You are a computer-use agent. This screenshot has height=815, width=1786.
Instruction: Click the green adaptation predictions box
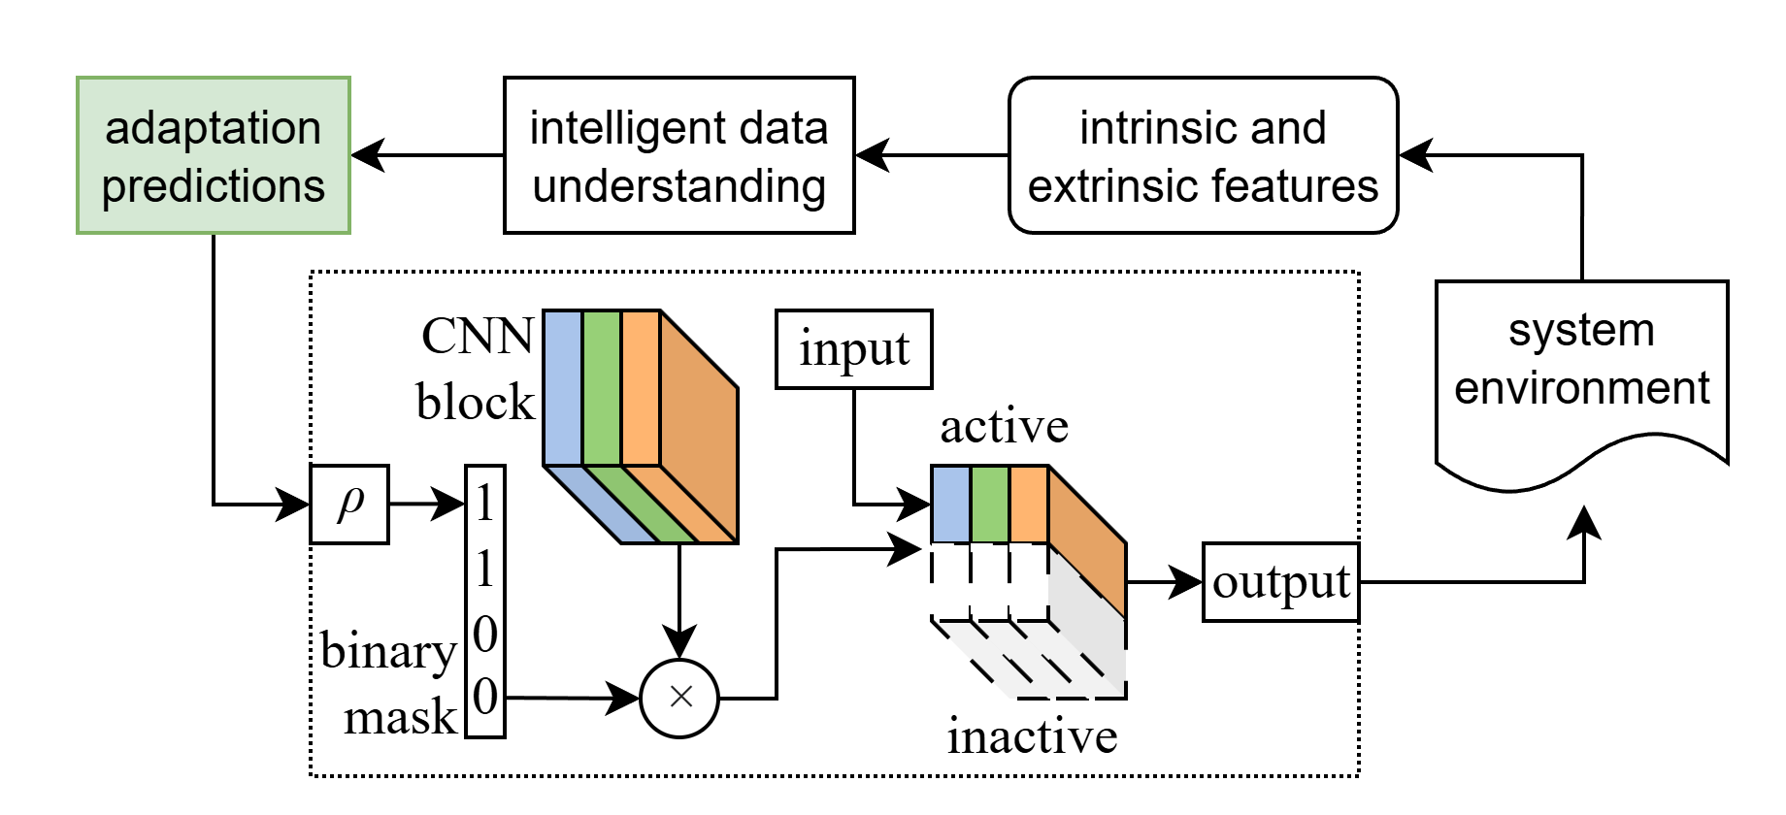coord(214,155)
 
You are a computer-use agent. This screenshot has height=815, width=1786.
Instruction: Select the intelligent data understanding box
coord(678,155)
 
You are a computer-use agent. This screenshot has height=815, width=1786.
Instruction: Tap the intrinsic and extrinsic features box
coord(1203,155)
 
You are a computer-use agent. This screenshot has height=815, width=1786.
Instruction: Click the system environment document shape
coord(1581,369)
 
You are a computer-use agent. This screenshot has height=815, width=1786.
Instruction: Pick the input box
coord(853,349)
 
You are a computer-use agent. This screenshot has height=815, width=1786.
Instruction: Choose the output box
coord(1280,582)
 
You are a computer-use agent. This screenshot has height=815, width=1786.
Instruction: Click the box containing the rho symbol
coord(349,505)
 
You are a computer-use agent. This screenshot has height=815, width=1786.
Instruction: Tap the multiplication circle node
coord(679,697)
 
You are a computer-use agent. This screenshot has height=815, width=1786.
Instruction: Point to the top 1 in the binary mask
coord(484,504)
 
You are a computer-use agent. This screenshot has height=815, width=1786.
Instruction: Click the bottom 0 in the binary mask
coord(484,697)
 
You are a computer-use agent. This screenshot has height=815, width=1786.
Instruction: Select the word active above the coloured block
coord(1004,427)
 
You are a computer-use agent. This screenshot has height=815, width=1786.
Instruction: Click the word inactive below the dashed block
coord(1032,736)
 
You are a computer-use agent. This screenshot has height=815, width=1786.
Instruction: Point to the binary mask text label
coord(388,684)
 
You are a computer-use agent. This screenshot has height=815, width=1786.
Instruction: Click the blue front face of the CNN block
coord(563,388)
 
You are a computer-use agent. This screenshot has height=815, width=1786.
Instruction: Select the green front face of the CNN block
coord(602,388)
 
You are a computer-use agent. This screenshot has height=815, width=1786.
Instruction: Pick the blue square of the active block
coord(950,505)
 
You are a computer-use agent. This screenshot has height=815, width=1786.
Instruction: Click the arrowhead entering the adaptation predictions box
coord(367,155)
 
